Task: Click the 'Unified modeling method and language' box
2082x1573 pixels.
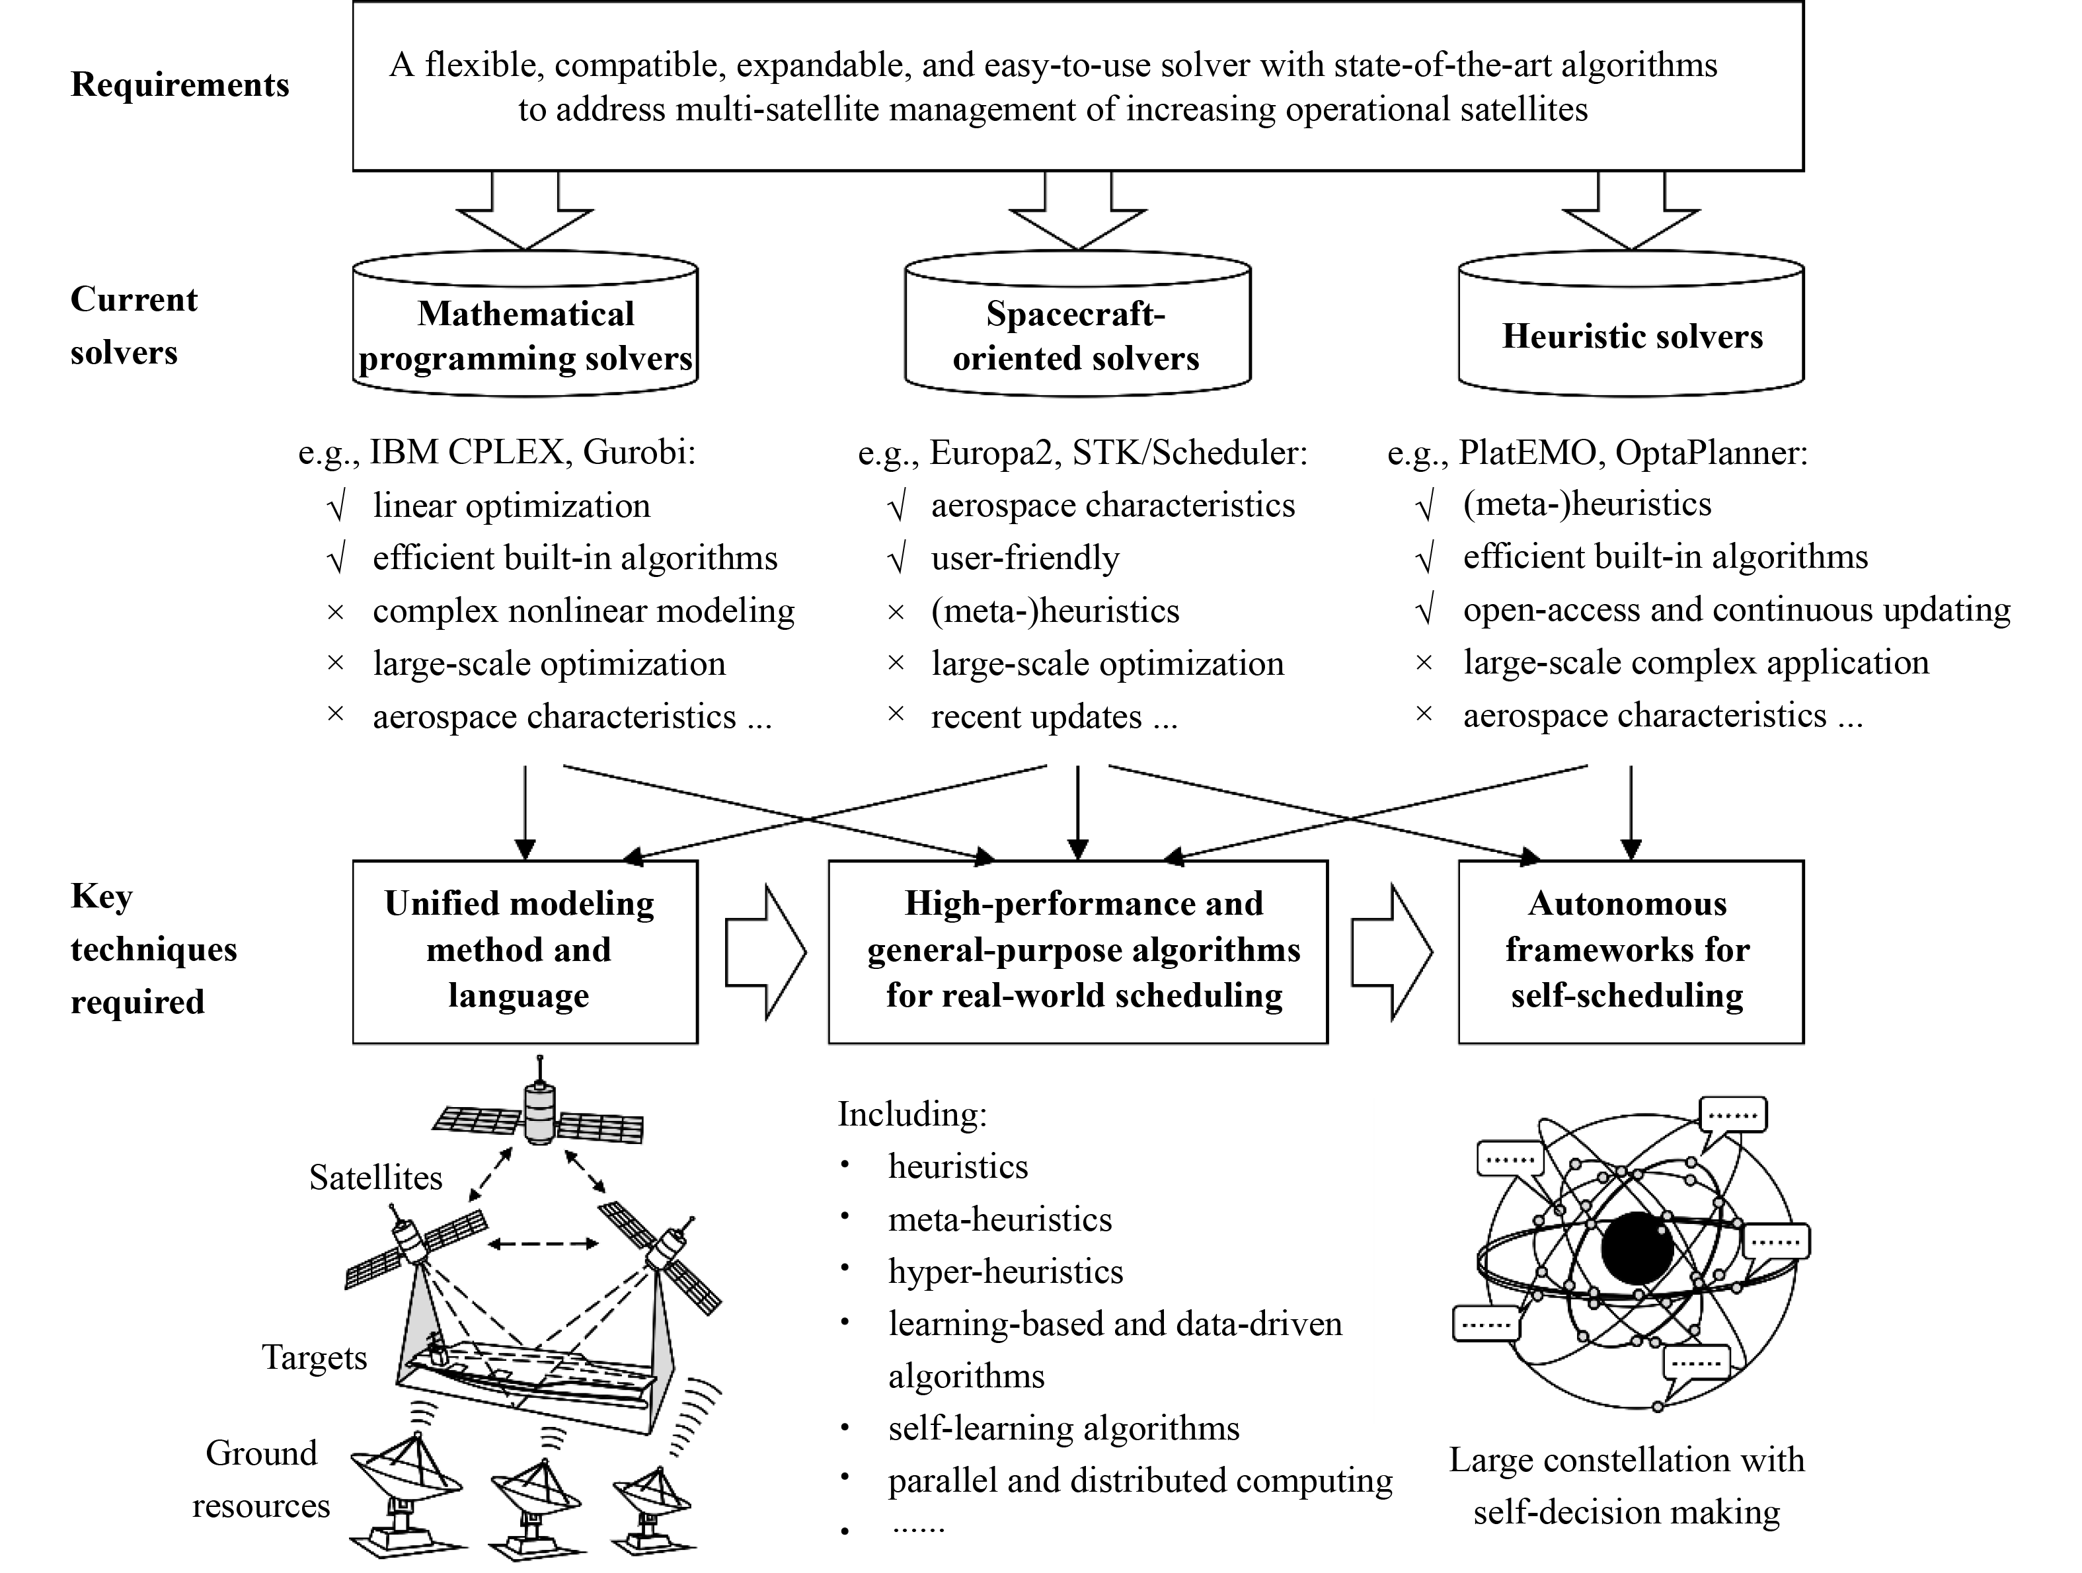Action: pyautogui.click(x=525, y=951)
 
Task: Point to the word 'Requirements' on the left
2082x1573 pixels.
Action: pyautogui.click(x=180, y=85)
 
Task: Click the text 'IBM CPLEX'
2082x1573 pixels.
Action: pyautogui.click(x=467, y=453)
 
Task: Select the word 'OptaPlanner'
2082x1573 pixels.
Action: pyautogui.click(x=1711, y=453)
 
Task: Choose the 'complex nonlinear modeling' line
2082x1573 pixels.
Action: pyautogui.click(x=584, y=611)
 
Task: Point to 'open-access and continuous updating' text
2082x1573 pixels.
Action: pyautogui.click(x=1736, y=610)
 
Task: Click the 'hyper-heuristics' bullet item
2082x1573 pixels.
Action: pyautogui.click(x=1005, y=1272)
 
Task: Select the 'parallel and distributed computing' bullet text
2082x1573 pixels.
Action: pyautogui.click(x=1140, y=1480)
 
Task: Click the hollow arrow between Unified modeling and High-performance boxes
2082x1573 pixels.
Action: pyautogui.click(x=764, y=951)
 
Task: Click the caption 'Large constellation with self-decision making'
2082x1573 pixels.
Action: pyautogui.click(x=1627, y=1486)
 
